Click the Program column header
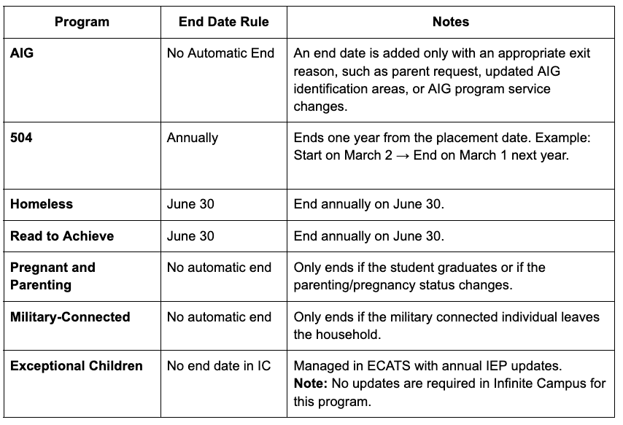pyautogui.click(x=82, y=22)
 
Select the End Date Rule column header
pyautogui.click(x=223, y=22)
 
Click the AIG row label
pyautogui.click(x=22, y=53)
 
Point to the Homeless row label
pyautogui.click(x=42, y=204)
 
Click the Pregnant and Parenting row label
pyautogui.click(x=53, y=276)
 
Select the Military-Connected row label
pyautogui.click(x=70, y=317)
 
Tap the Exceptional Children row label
pyautogui.click(x=77, y=365)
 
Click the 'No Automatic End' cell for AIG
pyautogui.click(x=220, y=53)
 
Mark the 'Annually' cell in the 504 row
pyautogui.click(x=193, y=137)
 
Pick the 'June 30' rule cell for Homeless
pyautogui.click(x=190, y=204)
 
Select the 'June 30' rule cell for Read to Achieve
pyautogui.click(x=190, y=236)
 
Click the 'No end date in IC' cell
pyautogui.click(x=216, y=365)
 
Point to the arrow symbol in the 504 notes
pyautogui.click(x=403, y=155)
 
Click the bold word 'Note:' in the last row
pyautogui.click(x=310, y=383)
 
